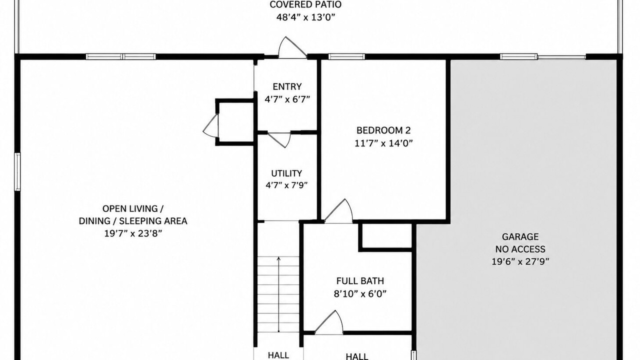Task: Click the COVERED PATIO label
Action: [305, 4]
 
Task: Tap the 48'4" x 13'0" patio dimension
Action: [305, 17]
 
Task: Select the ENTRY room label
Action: [287, 86]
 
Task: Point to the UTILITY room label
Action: [286, 173]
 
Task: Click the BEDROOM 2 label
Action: [383, 130]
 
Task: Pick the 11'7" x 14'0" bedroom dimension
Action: [383, 143]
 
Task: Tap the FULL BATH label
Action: [360, 281]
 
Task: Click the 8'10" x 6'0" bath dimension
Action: [360, 293]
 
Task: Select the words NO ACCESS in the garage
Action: [520, 249]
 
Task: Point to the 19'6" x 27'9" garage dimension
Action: [520, 261]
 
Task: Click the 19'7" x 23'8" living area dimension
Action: [133, 233]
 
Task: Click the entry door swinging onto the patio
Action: [292, 47]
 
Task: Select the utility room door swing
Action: [279, 140]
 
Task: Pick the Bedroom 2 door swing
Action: [338, 211]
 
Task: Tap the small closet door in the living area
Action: [211, 126]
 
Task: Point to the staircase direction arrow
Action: [278, 294]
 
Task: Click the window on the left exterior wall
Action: [17, 171]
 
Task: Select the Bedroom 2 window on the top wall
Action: [346, 56]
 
